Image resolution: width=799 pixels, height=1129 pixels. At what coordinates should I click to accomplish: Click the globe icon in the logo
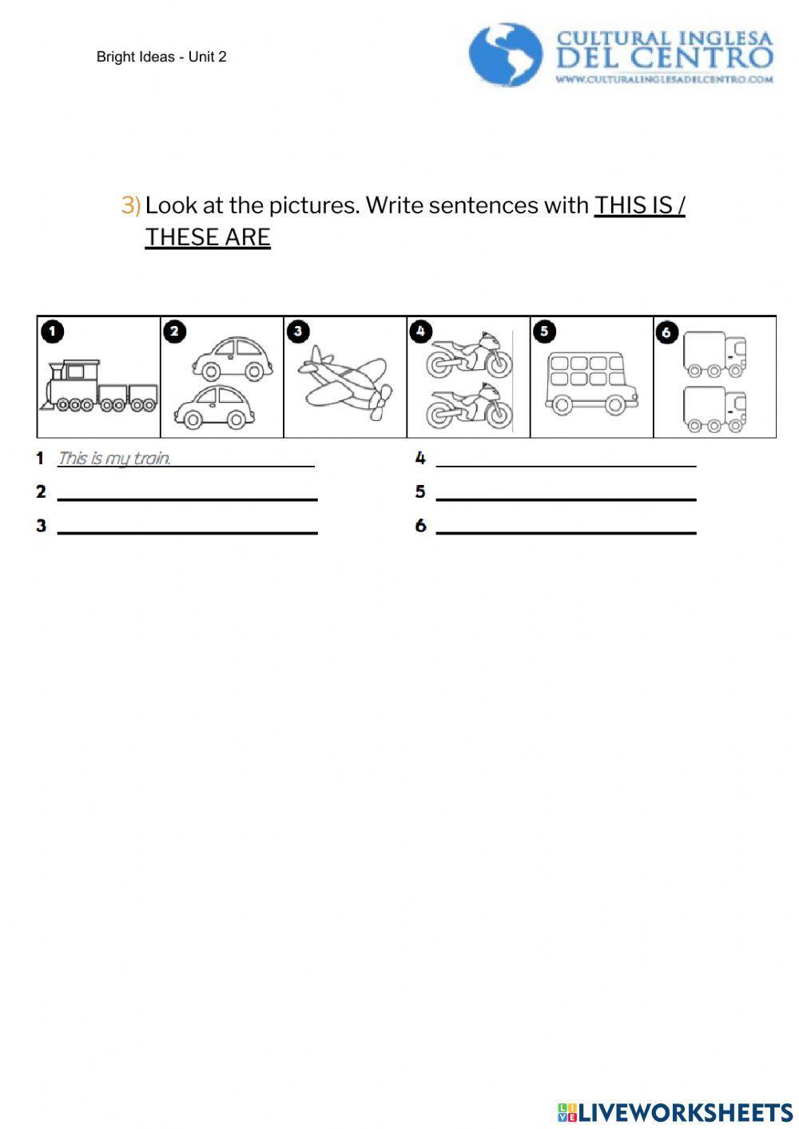(x=505, y=54)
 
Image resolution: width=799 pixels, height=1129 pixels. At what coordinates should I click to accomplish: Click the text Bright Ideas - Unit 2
(x=161, y=57)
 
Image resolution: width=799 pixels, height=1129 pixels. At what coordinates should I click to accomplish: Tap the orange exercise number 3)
(x=130, y=205)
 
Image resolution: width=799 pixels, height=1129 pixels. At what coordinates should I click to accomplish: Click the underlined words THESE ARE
(x=208, y=237)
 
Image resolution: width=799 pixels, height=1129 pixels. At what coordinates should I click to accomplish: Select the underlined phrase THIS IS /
(x=639, y=205)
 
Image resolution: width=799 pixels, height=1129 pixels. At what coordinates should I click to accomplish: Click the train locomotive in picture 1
(x=74, y=386)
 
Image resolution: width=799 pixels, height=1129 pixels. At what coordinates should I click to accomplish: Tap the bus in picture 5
(x=591, y=380)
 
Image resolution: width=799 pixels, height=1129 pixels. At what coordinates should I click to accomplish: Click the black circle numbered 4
(x=420, y=330)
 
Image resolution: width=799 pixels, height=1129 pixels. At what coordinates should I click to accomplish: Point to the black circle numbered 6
(x=666, y=332)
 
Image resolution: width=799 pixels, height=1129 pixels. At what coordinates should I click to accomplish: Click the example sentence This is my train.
(x=114, y=459)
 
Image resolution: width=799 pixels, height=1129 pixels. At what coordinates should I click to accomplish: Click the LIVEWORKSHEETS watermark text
(x=684, y=1112)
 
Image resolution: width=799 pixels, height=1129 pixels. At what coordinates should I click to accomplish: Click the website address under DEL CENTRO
(x=665, y=79)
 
